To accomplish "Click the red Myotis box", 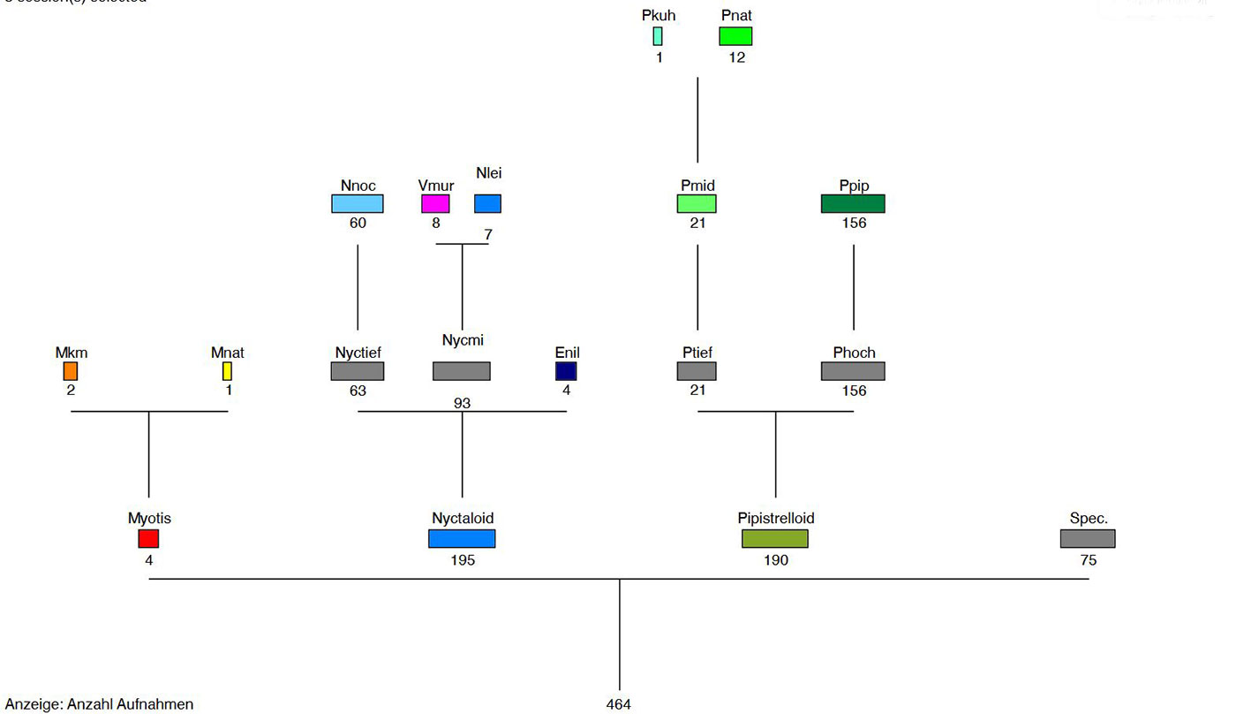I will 148,538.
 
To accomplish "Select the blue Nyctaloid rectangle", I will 462,538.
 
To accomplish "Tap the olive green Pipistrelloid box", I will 775,538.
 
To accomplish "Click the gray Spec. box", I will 1088,538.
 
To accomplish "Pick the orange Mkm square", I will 71,371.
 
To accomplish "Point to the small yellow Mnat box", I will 227,371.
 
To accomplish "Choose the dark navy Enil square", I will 566,371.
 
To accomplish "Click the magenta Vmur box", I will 435,204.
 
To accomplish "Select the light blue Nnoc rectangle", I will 358,204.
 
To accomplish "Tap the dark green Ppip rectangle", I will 853,204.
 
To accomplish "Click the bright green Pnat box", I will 735,36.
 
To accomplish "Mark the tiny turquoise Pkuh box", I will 658,36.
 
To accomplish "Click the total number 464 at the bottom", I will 619,704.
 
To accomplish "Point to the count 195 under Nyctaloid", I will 462,560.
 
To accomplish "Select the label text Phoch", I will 854,353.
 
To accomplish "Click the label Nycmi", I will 463,340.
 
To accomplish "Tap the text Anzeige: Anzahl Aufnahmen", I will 100,704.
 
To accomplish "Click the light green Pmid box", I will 697,204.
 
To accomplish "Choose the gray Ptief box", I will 697,371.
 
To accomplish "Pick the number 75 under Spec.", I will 1088,560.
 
